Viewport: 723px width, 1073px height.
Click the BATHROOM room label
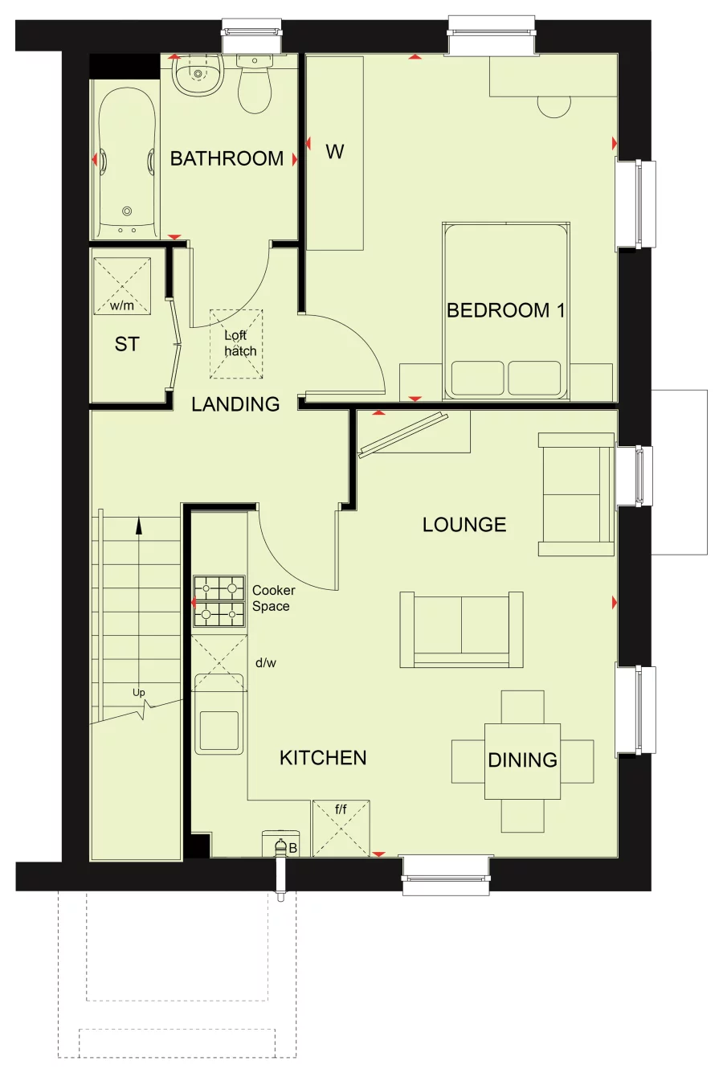[x=227, y=158]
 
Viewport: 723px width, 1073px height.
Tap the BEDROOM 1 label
[x=505, y=310]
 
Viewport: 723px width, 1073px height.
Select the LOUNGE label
[x=464, y=525]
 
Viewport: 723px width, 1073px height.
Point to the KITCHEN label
[x=323, y=758]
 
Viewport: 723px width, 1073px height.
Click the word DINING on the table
[x=522, y=760]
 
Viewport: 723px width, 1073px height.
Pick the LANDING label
[x=235, y=404]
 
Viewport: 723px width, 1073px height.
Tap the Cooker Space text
[x=273, y=598]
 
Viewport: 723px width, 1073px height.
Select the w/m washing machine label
[x=122, y=305]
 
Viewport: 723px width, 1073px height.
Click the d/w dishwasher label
[x=265, y=663]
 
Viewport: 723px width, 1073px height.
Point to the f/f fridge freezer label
[x=341, y=809]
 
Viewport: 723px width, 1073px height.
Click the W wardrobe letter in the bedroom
[x=335, y=151]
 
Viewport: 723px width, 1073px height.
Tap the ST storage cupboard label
[x=127, y=345]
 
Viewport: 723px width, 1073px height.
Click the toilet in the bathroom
[x=255, y=89]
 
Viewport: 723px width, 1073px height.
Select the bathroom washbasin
[x=196, y=76]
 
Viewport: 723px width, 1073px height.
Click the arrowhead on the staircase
[x=139, y=526]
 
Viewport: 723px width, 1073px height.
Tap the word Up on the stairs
[x=139, y=693]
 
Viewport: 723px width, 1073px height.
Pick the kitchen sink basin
[x=219, y=731]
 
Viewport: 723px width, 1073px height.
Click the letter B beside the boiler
[x=293, y=848]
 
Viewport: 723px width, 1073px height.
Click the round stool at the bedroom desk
[x=553, y=107]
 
